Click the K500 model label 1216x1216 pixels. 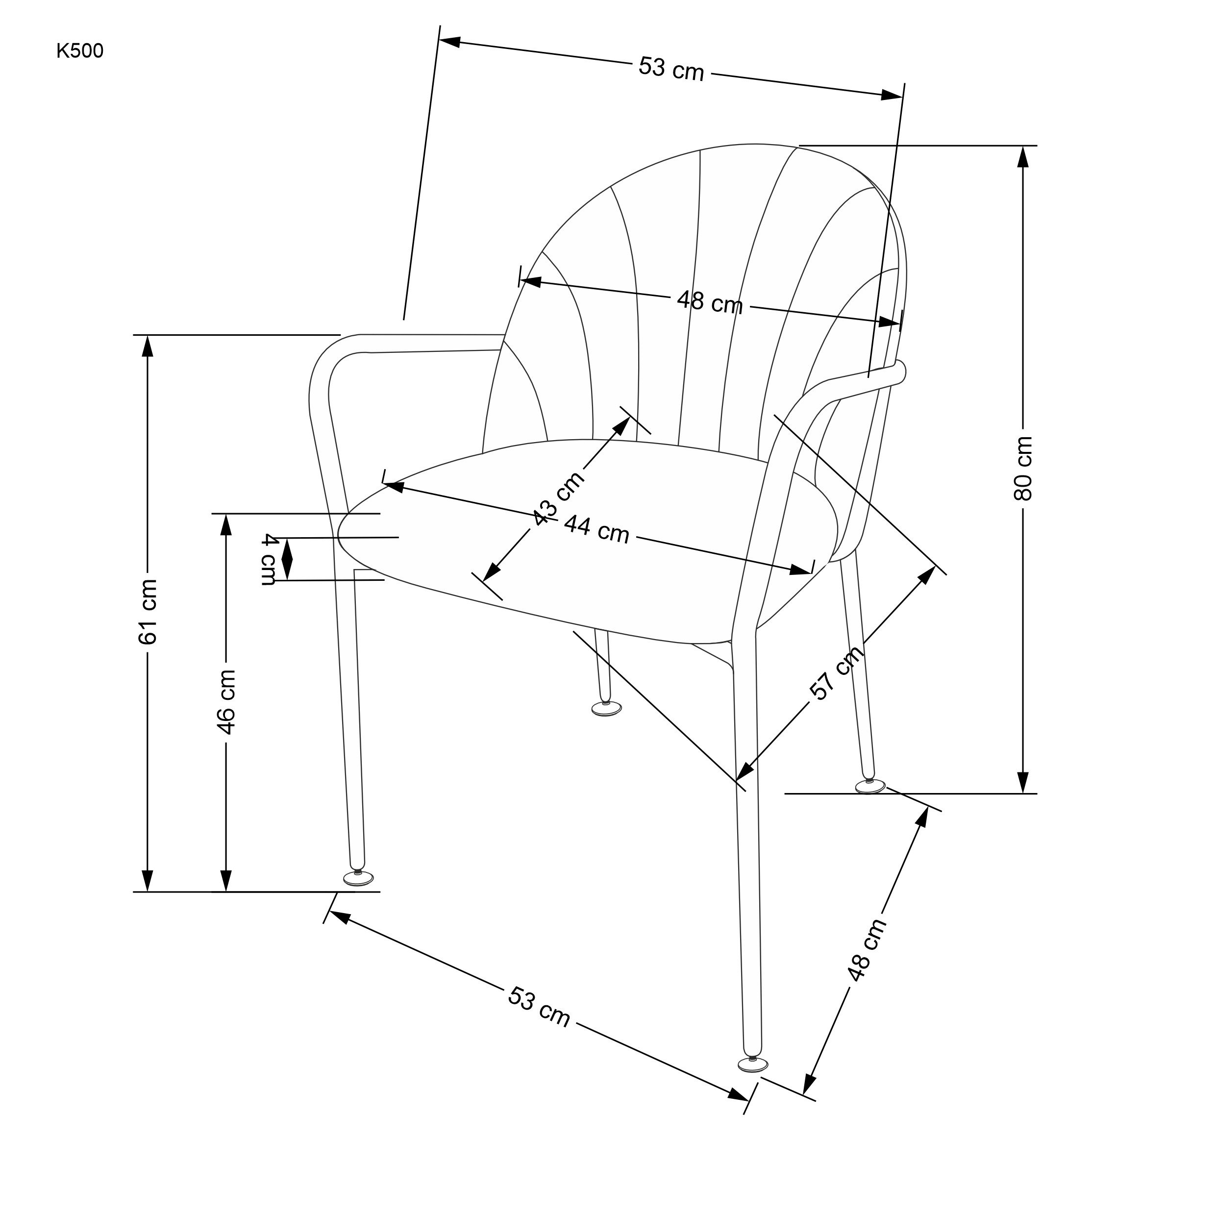[80, 51]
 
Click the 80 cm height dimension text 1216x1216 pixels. [1023, 468]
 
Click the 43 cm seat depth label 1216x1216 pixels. [558, 497]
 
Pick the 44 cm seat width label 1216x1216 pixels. [596, 529]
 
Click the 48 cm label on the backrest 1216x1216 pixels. [709, 302]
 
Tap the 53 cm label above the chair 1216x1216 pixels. [671, 67]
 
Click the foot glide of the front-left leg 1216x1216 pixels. [358, 879]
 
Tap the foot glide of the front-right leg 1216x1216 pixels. [753, 1064]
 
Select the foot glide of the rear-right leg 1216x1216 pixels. [870, 786]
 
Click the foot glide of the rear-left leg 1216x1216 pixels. [606, 709]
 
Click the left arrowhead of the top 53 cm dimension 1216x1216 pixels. [450, 42]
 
